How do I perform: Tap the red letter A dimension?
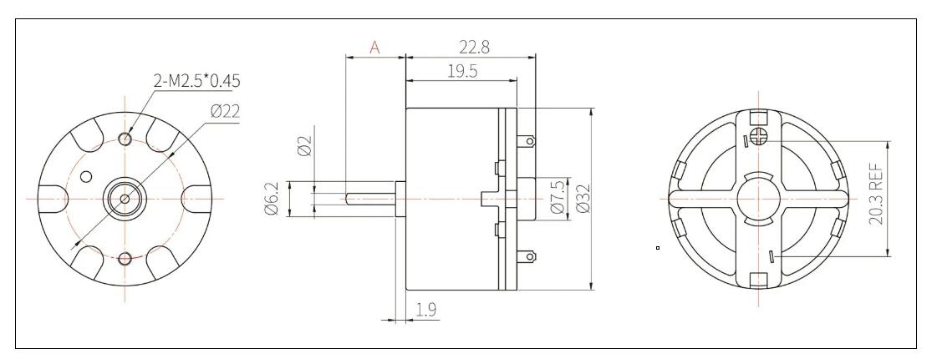[374, 48]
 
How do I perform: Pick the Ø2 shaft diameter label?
[304, 148]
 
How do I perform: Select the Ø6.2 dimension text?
[272, 200]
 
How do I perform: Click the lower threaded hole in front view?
[125, 257]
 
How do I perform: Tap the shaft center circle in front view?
[125, 199]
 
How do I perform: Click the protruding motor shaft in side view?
[368, 199]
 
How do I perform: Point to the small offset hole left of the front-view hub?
[85, 177]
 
